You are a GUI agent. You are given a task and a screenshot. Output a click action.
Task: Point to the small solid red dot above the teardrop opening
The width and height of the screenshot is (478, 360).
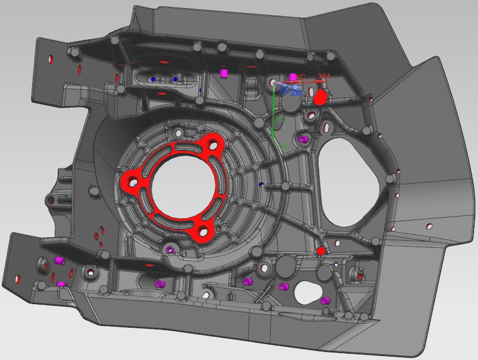321,251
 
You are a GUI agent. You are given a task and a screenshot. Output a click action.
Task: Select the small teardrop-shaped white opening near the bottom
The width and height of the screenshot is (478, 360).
309,291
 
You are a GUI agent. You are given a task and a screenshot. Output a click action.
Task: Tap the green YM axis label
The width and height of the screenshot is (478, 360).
282,148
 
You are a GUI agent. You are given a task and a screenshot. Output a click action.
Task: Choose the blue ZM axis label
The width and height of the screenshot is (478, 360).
297,92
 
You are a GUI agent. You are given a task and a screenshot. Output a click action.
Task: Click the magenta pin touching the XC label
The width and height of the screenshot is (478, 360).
293,77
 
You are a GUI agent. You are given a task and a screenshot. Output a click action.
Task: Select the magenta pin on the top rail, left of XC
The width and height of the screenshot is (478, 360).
225,73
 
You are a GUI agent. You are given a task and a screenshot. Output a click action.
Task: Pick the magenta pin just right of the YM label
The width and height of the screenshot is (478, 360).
304,139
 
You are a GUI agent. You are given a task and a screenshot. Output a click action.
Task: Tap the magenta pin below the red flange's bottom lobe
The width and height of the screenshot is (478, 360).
170,249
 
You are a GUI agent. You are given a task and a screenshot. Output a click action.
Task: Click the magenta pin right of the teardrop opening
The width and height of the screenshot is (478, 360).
325,299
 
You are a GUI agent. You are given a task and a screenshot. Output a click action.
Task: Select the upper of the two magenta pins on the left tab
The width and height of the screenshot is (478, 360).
58,261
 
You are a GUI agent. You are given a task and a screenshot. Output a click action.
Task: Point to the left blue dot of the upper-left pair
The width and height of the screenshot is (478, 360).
153,79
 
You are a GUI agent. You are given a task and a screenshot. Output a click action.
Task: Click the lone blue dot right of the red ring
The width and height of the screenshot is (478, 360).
261,184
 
